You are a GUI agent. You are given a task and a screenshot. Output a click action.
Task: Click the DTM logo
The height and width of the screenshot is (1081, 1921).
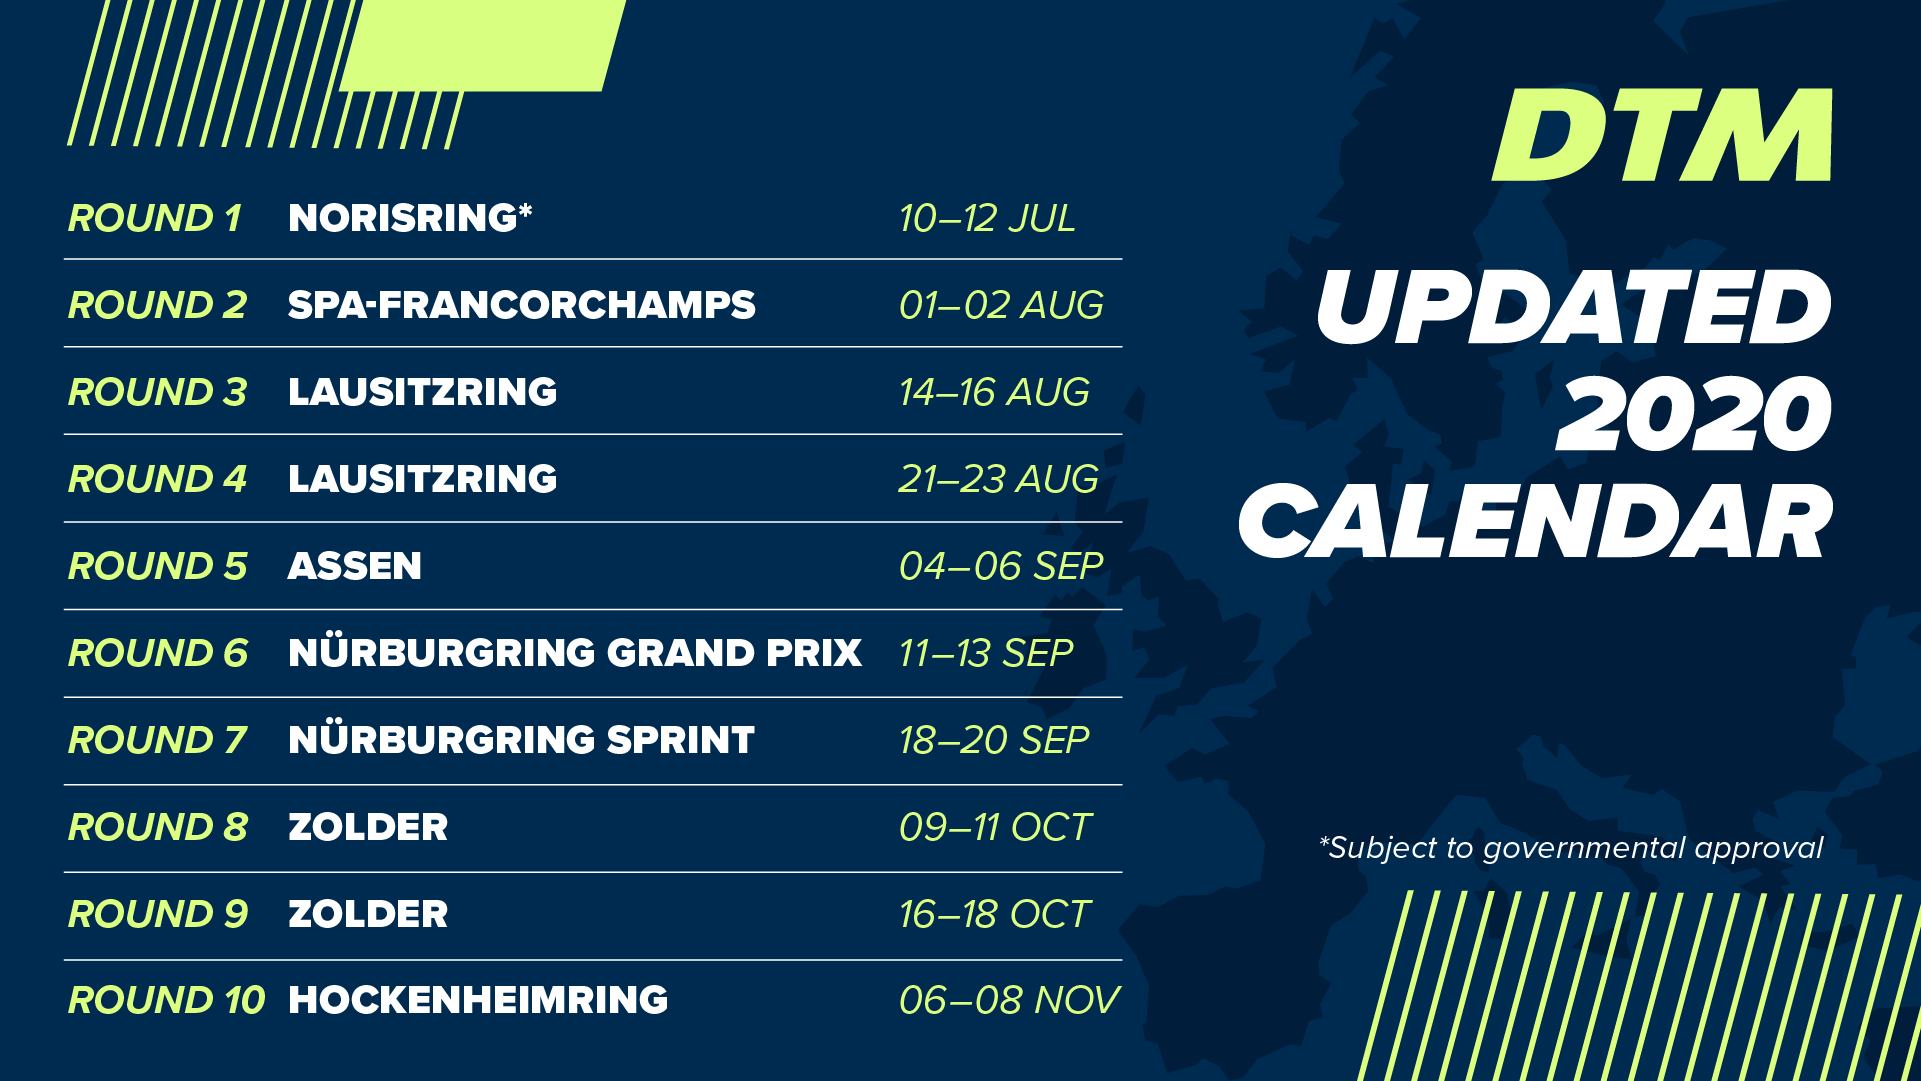click(1662, 135)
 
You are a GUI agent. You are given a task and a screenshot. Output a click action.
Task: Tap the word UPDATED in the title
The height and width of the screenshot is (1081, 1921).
click(1574, 307)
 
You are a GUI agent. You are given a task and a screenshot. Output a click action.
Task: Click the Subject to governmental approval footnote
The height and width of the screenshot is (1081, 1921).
click(1571, 848)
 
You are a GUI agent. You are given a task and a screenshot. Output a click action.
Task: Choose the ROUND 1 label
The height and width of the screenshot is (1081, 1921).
click(155, 218)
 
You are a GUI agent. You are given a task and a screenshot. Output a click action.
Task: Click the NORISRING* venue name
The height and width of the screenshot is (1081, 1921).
click(410, 217)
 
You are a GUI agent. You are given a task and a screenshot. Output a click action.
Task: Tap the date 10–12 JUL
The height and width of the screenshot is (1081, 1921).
click(987, 218)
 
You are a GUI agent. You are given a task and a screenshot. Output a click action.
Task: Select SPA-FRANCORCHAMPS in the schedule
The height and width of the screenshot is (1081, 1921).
click(521, 305)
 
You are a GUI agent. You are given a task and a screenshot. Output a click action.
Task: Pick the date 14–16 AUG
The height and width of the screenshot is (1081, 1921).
click(994, 392)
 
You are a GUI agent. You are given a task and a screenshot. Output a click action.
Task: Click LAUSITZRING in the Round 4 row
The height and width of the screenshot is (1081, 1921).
click(422, 479)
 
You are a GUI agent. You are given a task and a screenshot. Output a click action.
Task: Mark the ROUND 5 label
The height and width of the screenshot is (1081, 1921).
click(158, 566)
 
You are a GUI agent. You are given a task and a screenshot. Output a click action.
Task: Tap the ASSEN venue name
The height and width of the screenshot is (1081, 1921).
click(355, 566)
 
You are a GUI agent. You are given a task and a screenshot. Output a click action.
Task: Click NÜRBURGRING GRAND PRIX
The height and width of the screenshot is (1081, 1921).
click(575, 651)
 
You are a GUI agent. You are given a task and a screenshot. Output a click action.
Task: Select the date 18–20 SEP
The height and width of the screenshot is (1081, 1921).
click(994, 740)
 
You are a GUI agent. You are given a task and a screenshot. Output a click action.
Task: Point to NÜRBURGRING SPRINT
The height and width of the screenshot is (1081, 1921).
click(521, 738)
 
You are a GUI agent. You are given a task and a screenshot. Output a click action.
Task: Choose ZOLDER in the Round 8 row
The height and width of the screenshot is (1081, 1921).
click(368, 827)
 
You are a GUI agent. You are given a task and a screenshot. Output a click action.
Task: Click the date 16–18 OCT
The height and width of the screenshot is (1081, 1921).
click(995, 914)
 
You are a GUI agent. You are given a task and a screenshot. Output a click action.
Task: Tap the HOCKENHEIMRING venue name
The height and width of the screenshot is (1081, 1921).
click(478, 1000)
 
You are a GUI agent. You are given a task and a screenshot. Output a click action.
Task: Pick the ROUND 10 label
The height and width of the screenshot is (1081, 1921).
click(167, 1000)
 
